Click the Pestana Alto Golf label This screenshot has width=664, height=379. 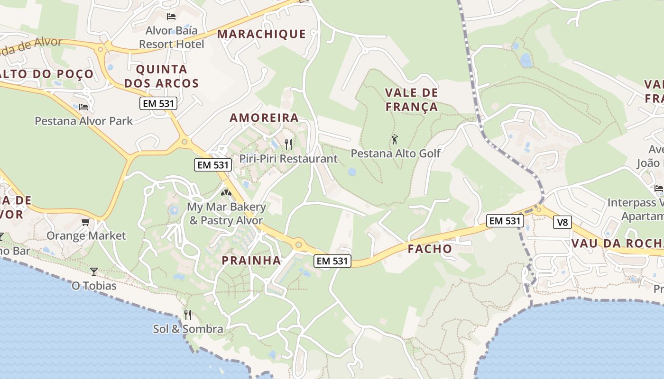[396, 153]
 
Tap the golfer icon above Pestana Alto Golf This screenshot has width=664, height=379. [395, 140]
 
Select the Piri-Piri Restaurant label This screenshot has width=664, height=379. [288, 159]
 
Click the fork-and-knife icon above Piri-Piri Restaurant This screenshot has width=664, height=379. [288, 144]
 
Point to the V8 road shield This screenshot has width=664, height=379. [562, 222]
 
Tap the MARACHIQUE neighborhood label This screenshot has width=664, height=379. [262, 34]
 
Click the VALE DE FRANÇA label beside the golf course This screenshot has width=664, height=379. [412, 99]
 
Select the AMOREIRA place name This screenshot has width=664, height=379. [264, 118]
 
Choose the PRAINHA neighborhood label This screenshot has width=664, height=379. [251, 261]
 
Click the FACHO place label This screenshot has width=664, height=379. [430, 249]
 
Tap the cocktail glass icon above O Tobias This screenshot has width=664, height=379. [94, 271]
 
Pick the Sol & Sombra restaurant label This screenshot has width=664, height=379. [188, 329]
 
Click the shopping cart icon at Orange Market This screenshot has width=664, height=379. [86, 222]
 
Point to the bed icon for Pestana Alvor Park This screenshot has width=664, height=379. [83, 107]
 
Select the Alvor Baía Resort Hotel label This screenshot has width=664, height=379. [171, 37]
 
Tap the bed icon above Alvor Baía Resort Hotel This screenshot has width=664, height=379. [171, 17]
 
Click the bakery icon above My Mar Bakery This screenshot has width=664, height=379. [226, 193]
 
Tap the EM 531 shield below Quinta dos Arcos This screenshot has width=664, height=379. [158, 103]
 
